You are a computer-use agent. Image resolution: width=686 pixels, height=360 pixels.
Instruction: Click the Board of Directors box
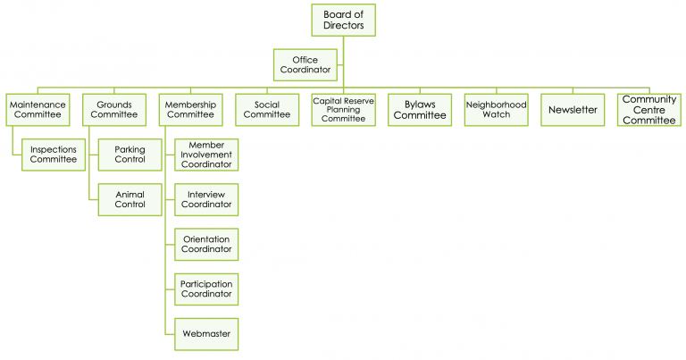click(343, 20)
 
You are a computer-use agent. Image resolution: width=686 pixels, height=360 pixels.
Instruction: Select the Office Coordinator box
click(305, 64)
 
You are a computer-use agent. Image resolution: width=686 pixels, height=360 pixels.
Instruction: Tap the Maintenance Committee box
click(37, 110)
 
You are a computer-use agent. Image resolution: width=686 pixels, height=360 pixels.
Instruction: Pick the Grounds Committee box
click(114, 110)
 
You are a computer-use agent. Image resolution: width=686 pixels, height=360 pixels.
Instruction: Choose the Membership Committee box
click(190, 110)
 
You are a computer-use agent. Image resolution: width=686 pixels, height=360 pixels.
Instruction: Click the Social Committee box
click(266, 110)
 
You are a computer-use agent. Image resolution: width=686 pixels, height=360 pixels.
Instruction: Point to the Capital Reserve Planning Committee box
click(343, 110)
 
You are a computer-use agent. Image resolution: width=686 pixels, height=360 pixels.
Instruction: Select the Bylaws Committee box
click(420, 110)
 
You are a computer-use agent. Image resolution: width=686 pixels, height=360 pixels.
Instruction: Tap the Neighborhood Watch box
click(496, 110)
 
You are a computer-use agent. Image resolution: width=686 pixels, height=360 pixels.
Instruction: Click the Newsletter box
click(572, 110)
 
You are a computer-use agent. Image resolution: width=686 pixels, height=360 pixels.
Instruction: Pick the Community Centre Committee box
click(648, 110)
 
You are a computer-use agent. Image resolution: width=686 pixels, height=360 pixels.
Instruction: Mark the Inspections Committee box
click(54, 155)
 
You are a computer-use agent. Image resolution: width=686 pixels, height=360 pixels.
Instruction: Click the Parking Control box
click(130, 155)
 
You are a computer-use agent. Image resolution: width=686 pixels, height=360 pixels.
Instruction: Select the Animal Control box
click(130, 199)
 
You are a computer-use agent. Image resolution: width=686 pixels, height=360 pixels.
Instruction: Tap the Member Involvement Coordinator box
click(206, 155)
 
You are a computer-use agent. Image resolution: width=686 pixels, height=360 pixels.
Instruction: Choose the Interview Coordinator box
click(206, 199)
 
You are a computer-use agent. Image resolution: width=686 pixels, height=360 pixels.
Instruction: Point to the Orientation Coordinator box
click(206, 244)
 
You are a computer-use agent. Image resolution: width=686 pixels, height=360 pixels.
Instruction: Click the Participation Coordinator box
click(206, 289)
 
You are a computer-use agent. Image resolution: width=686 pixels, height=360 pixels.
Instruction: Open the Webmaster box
click(206, 334)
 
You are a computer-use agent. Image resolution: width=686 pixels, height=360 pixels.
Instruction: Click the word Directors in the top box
click(343, 26)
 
